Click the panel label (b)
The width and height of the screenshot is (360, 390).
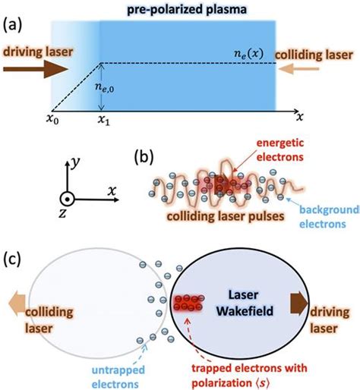[147, 157]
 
